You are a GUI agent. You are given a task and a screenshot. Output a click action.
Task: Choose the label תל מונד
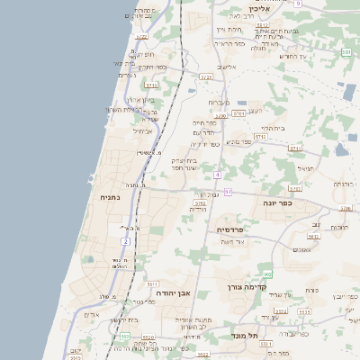pos(245,336)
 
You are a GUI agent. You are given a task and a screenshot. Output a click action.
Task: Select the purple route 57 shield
pos(228,192)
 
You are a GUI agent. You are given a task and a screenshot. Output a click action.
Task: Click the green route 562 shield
pos(267,274)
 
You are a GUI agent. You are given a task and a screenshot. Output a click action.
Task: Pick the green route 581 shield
pos(346,53)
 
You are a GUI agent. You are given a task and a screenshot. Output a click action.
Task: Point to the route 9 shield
pos(296,4)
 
